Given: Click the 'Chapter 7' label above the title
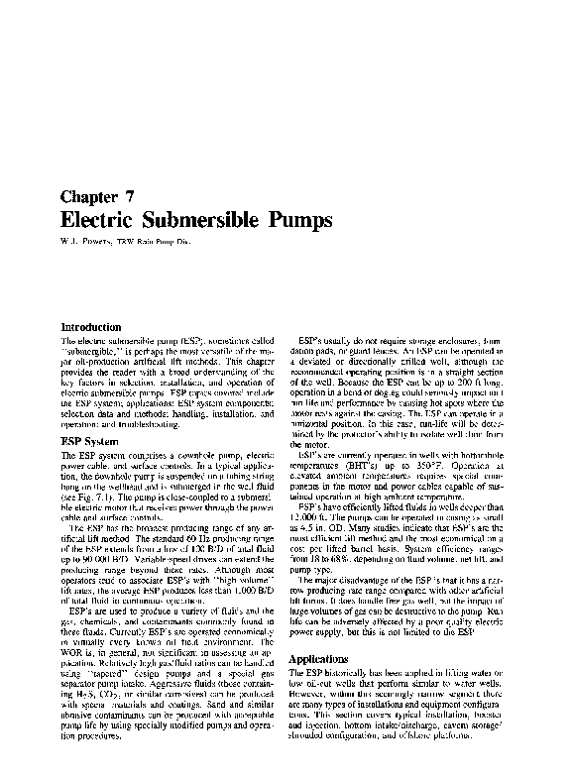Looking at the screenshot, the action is pyautogui.click(x=98, y=195).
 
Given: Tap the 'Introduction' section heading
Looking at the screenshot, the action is pyautogui.click(x=92, y=326).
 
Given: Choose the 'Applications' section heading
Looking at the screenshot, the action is pyautogui.click(x=321, y=659).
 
